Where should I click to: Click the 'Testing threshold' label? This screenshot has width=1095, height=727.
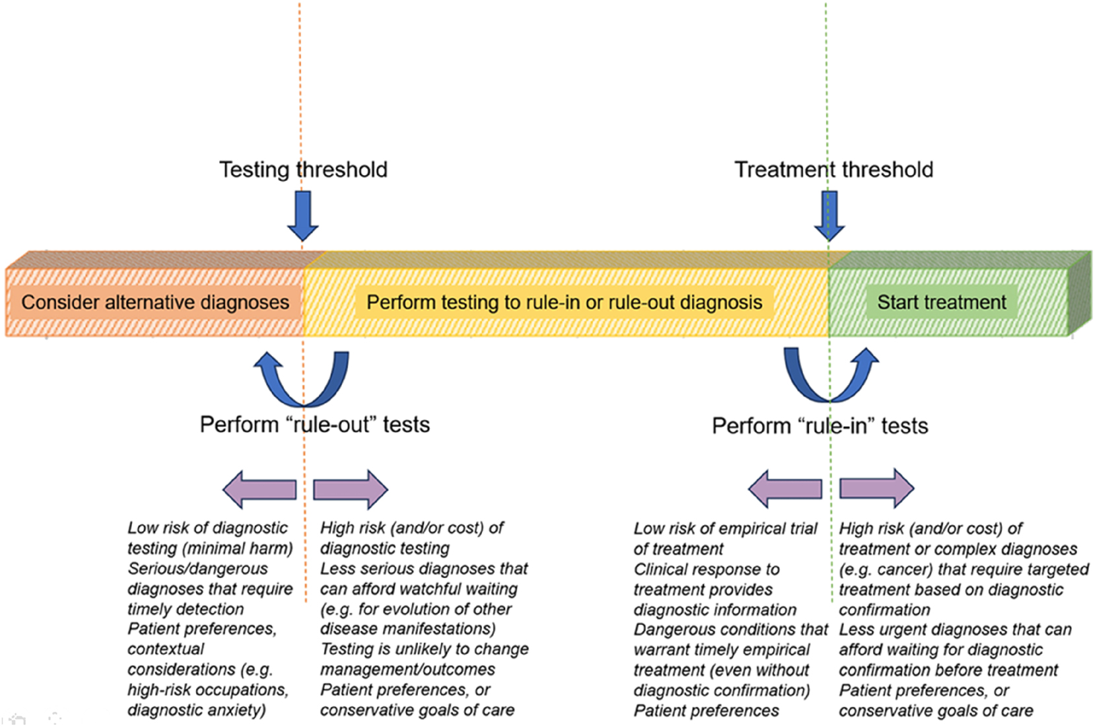click(303, 170)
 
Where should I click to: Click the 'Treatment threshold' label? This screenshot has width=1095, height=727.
click(834, 170)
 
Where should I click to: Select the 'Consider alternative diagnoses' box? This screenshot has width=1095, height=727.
click(155, 302)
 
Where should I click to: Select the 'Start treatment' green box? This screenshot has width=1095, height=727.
click(941, 302)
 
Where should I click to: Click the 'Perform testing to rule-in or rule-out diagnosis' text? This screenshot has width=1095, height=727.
click(564, 302)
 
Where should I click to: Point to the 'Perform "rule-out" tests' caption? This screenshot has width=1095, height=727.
click(315, 425)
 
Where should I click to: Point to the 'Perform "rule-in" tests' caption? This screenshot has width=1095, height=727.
click(820, 426)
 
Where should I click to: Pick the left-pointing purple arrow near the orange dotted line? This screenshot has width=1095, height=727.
click(259, 489)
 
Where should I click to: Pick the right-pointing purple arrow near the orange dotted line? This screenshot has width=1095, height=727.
click(350, 489)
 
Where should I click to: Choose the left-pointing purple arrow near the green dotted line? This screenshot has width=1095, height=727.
click(785, 489)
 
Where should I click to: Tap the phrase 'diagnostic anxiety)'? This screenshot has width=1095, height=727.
click(197, 710)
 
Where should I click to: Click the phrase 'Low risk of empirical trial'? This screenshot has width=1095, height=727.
click(725, 528)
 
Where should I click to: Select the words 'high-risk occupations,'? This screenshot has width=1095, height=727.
click(208, 689)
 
